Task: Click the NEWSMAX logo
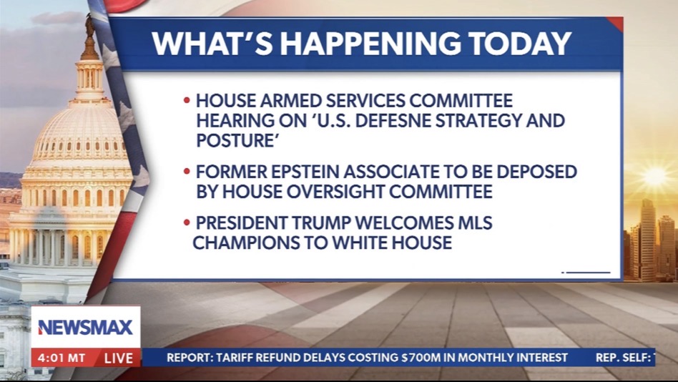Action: pos(85,327)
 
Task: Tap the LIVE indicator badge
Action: pos(119,358)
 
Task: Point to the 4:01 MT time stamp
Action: pos(62,358)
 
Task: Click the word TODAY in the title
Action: pos(520,43)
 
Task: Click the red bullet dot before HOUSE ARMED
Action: pos(187,100)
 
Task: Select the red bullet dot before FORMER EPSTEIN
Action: pos(187,171)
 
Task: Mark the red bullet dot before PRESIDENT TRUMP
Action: pos(187,222)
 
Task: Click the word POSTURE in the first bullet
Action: pos(236,140)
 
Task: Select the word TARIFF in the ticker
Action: pos(235,358)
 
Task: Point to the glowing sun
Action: pos(654,176)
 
